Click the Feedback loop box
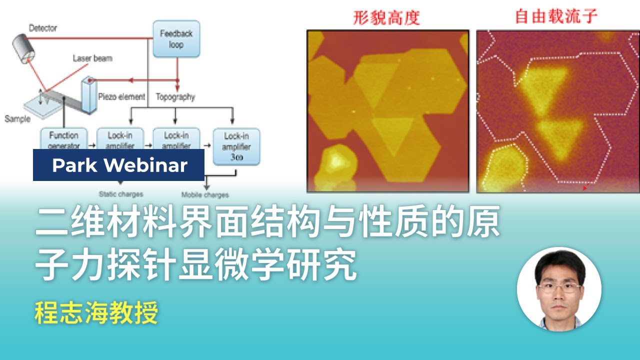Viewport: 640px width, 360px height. pos(176,38)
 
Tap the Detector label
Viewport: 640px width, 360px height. pos(43,27)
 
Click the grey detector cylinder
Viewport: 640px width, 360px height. pos(23,45)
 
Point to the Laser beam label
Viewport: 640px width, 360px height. pos(92,58)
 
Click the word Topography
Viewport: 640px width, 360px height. pos(175,97)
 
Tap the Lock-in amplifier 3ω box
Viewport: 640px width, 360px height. pos(236,146)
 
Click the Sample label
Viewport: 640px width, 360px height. pos(17,119)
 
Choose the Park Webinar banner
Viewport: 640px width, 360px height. pos(119,165)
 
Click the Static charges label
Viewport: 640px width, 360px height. pos(120,194)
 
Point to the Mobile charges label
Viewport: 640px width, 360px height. pos(205,194)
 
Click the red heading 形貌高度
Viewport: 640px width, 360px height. pos(386,17)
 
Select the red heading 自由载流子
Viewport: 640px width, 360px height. pos(556,16)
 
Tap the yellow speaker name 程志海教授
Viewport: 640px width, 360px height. pos(96,313)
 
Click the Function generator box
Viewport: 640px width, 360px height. pos(64,139)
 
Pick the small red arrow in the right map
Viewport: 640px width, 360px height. pos(585,188)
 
